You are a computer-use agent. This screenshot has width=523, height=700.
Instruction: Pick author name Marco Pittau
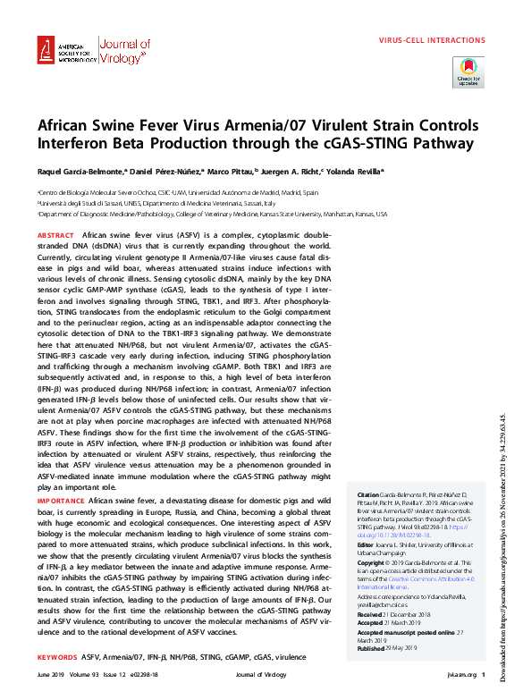click(256, 172)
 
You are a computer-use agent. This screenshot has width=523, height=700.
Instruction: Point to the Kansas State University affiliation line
click(212, 215)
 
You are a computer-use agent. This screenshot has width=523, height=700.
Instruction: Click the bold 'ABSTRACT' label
click(55, 234)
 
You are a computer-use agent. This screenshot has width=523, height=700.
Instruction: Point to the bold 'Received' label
click(370, 614)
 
